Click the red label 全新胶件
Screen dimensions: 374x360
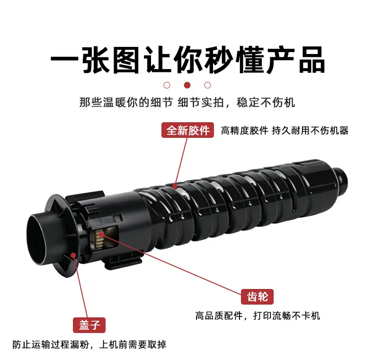[x=187, y=130]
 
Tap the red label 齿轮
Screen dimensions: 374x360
[x=257, y=297]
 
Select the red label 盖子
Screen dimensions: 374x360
[x=89, y=325]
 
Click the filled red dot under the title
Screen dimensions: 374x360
[x=187, y=85]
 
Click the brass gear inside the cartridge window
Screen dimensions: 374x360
[x=99, y=239]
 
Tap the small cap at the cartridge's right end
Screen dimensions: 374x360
[x=340, y=181]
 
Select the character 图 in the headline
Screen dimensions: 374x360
[x=126, y=60]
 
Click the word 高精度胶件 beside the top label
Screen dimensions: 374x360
[x=244, y=131]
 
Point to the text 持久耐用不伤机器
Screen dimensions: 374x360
[x=310, y=131]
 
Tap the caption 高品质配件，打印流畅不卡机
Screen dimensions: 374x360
[x=258, y=315]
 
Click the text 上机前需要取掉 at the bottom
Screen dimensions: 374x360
[x=133, y=344]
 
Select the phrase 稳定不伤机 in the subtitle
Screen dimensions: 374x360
[x=266, y=103]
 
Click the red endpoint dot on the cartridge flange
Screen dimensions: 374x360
[x=73, y=255]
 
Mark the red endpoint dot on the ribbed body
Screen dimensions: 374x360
[x=175, y=186]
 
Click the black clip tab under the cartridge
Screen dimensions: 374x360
[x=123, y=261]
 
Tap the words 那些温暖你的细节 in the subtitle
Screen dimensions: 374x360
[x=126, y=103]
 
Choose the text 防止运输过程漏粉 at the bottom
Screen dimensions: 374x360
[x=51, y=344]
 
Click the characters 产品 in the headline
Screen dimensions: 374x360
[x=296, y=60]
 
